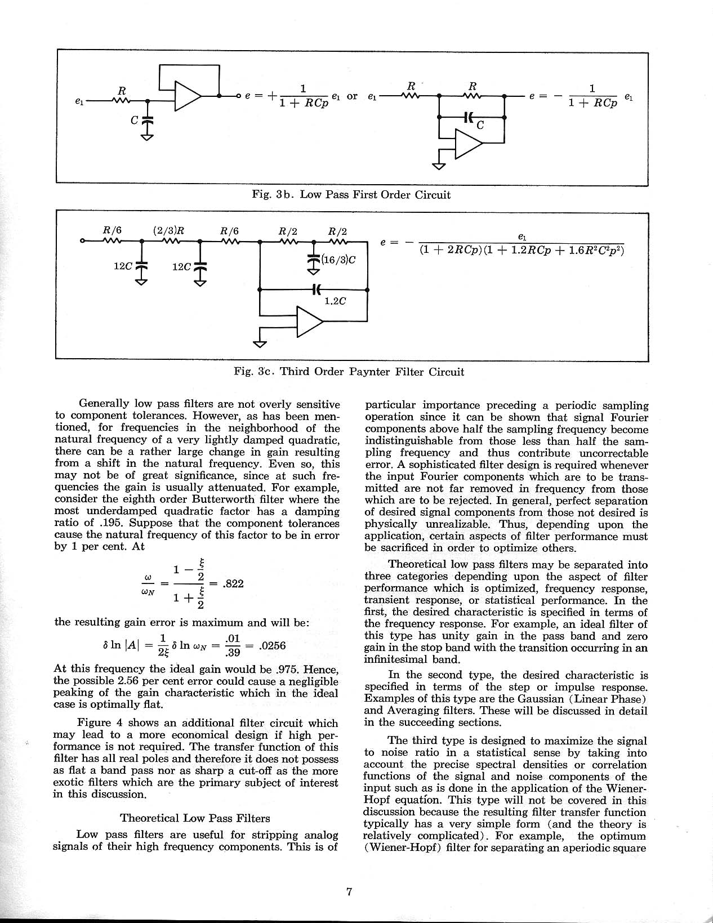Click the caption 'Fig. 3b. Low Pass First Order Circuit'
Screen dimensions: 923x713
[351, 195]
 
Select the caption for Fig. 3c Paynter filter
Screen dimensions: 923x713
[349, 372]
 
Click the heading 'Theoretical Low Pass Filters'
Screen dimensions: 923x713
[195, 818]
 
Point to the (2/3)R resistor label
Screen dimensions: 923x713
[169, 231]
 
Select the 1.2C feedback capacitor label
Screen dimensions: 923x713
[335, 301]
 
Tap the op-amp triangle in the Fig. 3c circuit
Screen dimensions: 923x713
[309, 321]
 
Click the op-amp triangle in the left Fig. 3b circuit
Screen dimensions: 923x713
[188, 96]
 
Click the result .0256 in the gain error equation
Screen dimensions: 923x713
[272, 646]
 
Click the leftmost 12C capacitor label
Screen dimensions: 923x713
[123, 266]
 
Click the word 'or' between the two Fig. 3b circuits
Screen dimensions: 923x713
[352, 96]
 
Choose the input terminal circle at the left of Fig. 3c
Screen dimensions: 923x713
[83, 242]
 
